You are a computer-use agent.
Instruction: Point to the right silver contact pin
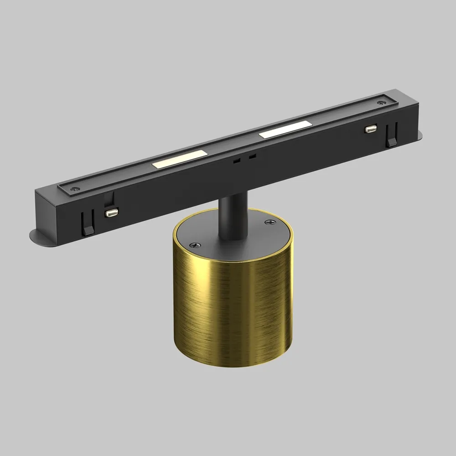coord(371,130)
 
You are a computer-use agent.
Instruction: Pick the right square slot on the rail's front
coord(252,156)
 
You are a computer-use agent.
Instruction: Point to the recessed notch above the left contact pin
coord(108,199)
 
